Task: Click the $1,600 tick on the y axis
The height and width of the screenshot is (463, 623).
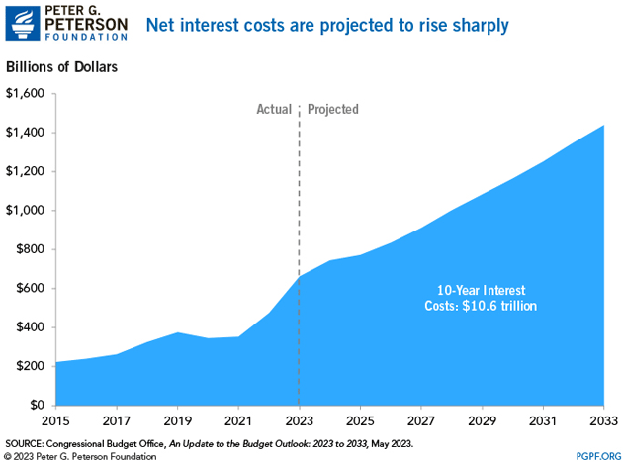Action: point(26,94)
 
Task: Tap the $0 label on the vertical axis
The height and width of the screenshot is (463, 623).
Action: point(38,405)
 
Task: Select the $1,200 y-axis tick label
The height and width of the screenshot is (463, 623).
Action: point(26,171)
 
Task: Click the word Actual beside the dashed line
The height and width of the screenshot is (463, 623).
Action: point(274,109)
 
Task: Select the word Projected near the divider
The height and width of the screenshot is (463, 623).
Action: point(333,109)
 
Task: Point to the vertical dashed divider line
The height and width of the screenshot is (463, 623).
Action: point(299,198)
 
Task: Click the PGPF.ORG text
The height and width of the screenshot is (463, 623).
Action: point(596,455)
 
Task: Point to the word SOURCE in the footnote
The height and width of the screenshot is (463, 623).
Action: point(27,441)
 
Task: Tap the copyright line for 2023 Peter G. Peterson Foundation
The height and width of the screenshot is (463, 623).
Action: point(81,455)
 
